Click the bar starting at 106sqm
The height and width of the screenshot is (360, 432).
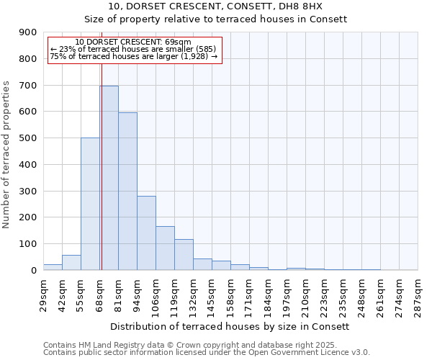[165, 248]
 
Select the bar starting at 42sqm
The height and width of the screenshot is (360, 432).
[71, 263]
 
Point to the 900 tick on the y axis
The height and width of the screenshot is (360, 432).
[27, 32]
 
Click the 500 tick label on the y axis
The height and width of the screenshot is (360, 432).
[27, 138]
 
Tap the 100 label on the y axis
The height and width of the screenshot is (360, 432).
[27, 244]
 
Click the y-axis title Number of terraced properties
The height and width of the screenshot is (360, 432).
[6, 155]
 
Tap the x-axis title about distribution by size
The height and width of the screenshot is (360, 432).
[230, 326]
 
